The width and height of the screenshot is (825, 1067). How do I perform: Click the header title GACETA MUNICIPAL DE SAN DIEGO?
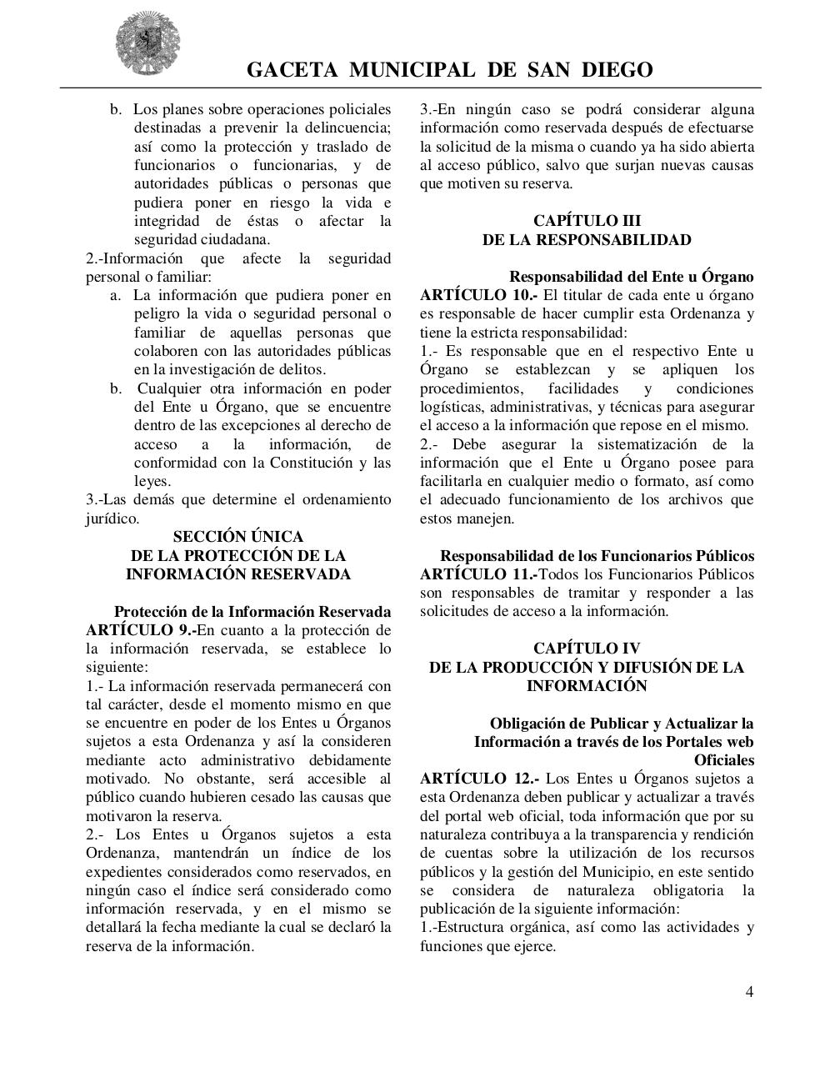coord(449,70)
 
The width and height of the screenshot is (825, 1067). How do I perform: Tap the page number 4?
coord(749,992)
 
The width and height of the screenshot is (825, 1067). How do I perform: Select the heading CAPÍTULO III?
coord(587,221)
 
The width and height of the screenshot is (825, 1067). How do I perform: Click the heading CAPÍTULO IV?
coord(587,648)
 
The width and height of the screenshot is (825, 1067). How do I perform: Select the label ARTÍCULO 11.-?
coord(478,574)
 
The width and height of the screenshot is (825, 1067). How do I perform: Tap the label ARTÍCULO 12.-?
coord(479,779)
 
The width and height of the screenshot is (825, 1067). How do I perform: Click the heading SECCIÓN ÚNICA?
coord(237,537)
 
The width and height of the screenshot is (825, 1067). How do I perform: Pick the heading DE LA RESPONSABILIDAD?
coord(587,240)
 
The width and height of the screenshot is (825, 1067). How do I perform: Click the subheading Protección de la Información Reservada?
coord(252,612)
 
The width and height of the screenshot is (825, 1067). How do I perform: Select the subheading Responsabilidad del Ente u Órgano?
coord(631,277)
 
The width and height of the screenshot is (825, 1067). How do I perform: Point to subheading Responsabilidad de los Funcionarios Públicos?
coord(597,556)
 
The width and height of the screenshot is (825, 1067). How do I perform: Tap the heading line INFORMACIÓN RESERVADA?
coord(237,574)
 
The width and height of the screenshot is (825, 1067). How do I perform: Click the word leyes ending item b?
coord(152,482)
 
